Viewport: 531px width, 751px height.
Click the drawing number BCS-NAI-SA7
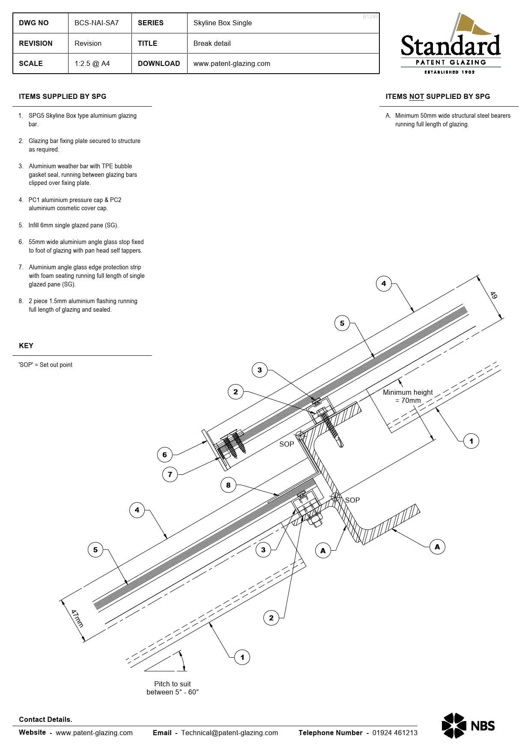point(96,23)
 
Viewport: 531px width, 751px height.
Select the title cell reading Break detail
point(212,43)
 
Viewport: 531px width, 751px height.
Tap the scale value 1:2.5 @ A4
point(92,63)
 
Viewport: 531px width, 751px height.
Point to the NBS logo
point(468,725)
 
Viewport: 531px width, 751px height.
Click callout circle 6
point(164,455)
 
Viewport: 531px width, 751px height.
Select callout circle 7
point(170,474)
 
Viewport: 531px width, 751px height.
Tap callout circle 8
point(228,485)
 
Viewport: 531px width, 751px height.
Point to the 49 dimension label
point(494,295)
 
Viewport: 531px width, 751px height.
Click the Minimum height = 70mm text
point(408,396)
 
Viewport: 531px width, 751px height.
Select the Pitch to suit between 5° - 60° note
point(173,688)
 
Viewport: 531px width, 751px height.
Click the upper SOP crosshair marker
point(300,436)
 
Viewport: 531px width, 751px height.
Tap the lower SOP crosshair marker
point(335,497)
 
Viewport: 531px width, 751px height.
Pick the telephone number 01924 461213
point(394,733)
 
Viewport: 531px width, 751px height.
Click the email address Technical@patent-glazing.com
point(230,733)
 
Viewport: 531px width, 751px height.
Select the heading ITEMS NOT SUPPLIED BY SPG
point(438,96)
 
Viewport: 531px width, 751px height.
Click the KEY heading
point(26,346)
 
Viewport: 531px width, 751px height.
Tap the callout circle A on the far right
point(437,547)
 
